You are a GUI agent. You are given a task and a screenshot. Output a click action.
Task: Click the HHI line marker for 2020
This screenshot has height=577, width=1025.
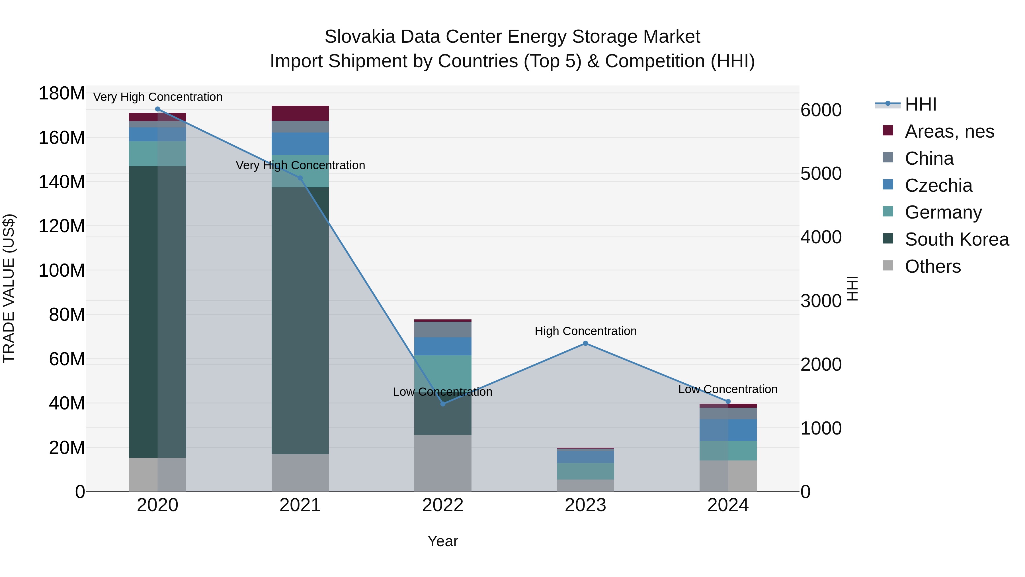coord(157,109)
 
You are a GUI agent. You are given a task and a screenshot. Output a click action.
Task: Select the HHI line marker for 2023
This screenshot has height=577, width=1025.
coord(585,343)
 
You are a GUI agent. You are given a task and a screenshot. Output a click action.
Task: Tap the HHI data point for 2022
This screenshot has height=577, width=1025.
coord(443,404)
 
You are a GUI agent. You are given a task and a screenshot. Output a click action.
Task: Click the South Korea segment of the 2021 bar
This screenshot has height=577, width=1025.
coord(300,319)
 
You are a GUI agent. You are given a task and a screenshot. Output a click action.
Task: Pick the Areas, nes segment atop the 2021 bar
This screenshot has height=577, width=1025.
coord(300,113)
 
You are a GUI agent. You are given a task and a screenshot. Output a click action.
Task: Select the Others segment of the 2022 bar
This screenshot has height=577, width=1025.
coord(443,463)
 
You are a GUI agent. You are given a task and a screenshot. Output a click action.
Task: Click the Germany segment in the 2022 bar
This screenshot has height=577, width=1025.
coord(443,372)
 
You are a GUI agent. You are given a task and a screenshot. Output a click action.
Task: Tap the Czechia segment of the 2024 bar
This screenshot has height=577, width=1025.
coord(728,430)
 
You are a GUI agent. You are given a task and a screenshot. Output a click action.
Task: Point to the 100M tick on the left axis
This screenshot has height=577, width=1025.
coord(62,271)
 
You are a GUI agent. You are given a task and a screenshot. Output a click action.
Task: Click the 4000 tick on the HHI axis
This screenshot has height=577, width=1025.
coord(821,237)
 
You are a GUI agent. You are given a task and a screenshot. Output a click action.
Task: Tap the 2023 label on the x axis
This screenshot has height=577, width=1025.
coord(585,505)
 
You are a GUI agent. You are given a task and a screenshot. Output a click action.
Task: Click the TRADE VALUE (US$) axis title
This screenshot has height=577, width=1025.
coord(9,288)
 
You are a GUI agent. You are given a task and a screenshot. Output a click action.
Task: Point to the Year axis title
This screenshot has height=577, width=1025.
coord(442,541)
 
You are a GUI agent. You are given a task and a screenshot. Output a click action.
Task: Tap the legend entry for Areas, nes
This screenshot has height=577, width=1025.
coord(949,131)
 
